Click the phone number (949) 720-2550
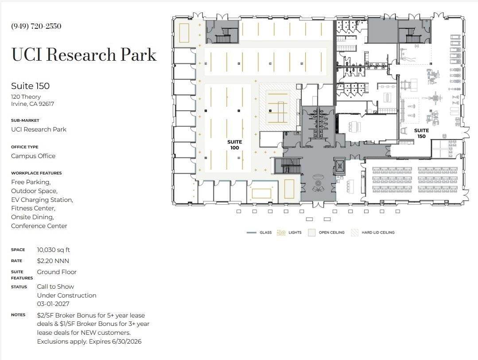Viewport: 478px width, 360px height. point(36,26)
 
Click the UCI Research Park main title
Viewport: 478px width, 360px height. point(84,54)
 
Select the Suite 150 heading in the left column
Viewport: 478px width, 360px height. point(30,86)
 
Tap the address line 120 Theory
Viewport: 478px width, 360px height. point(26,97)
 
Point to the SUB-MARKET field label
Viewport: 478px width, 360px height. point(25,120)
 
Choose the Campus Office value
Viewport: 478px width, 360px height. point(33,156)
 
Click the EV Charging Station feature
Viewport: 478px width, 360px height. point(42,200)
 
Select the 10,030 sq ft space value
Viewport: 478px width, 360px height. point(53,250)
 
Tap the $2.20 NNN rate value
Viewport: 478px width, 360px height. point(53,261)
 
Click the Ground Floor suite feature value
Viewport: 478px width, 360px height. point(57,272)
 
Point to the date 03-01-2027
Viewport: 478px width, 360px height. point(53,304)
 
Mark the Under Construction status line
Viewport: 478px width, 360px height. point(66,295)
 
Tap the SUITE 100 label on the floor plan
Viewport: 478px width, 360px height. point(234,145)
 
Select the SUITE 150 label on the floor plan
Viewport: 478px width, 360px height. point(421,133)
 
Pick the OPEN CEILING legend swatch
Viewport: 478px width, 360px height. point(311,232)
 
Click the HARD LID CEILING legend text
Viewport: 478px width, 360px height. point(378,232)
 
